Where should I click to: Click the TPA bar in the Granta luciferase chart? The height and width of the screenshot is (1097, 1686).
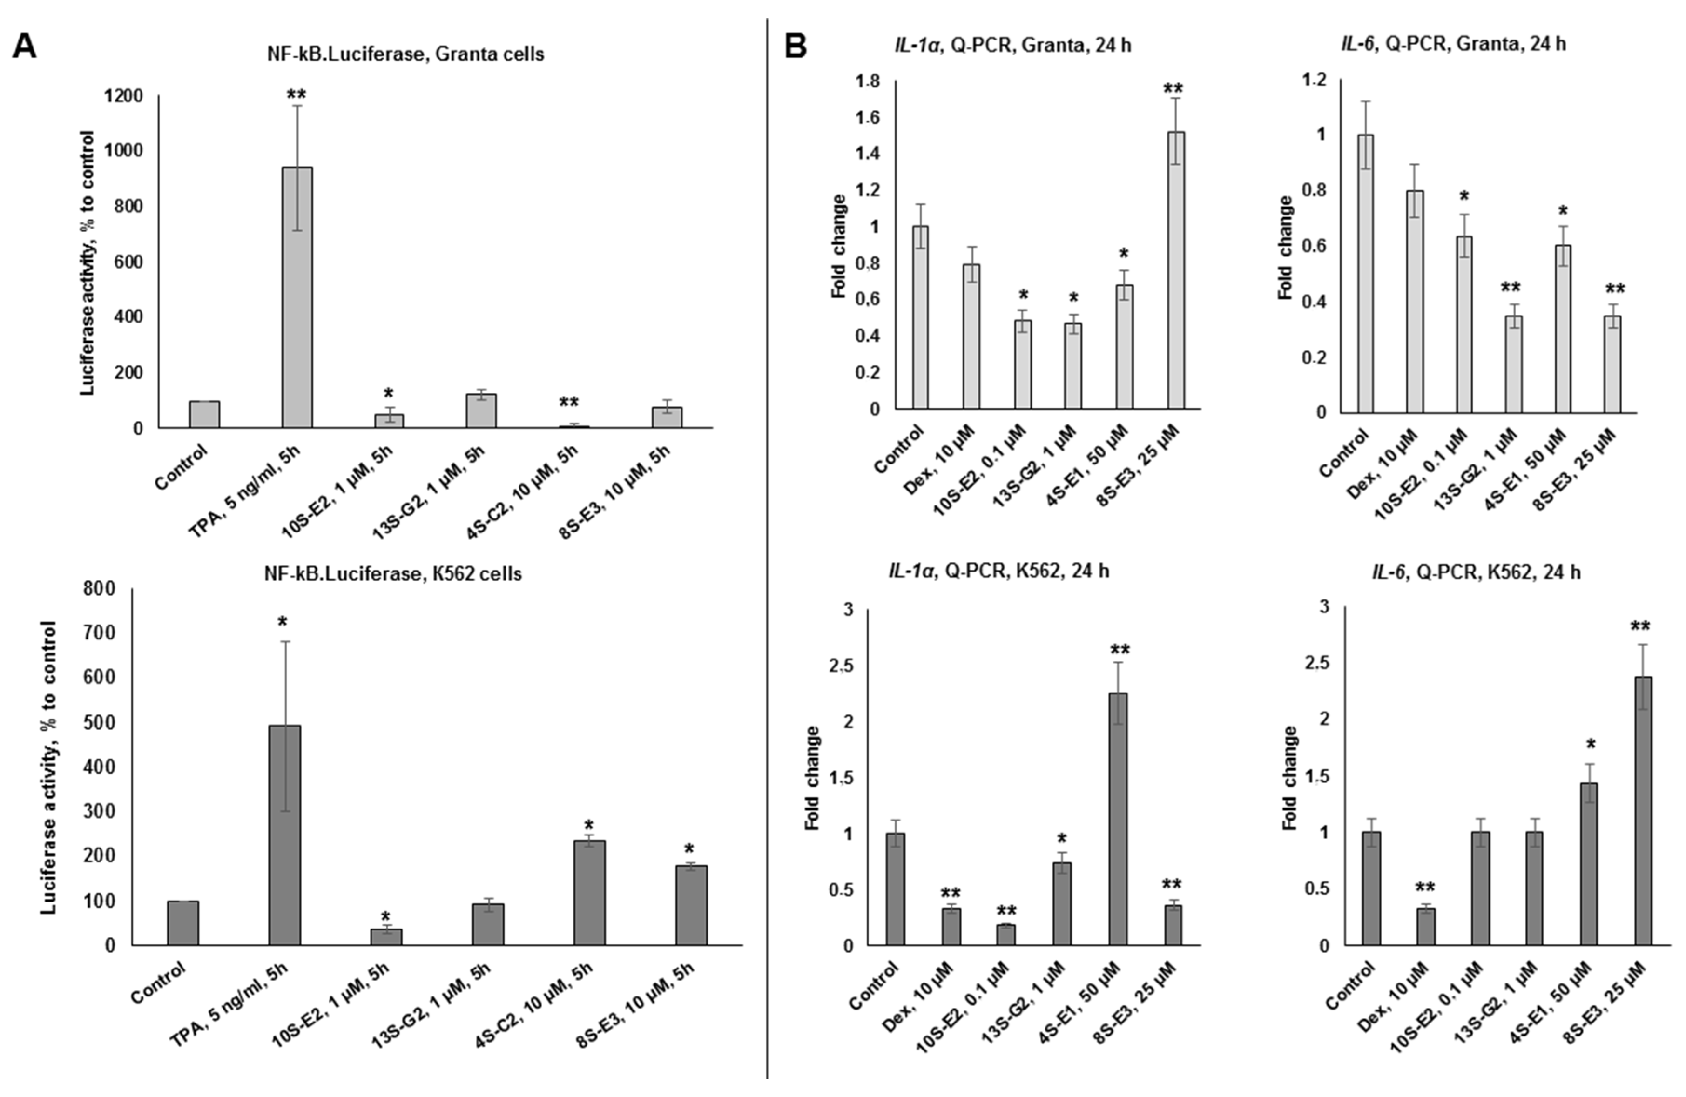click(x=297, y=297)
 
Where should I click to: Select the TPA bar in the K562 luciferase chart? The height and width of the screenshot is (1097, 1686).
click(x=284, y=836)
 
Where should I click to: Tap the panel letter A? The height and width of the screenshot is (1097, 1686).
click(x=26, y=47)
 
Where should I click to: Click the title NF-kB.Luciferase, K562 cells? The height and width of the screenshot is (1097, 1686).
click(x=393, y=574)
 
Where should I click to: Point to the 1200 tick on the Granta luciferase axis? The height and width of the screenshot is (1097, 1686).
click(x=123, y=95)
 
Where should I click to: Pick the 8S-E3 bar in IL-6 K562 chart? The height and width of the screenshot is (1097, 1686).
click(x=1642, y=811)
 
